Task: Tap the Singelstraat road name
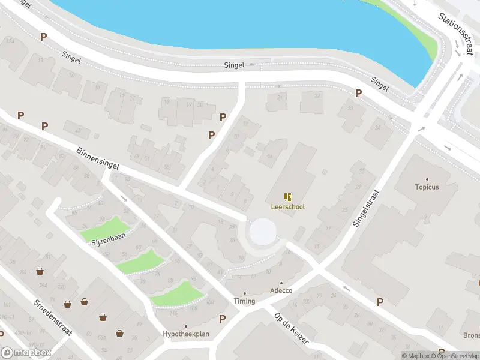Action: (367, 207)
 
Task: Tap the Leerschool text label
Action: (288, 207)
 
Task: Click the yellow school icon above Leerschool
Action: (288, 196)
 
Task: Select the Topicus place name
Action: (427, 187)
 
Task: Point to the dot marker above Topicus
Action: (427, 179)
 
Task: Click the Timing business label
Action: (245, 301)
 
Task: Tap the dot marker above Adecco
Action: (281, 283)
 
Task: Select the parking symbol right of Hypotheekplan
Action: (223, 319)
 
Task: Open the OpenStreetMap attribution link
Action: (452, 356)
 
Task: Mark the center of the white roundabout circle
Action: (263, 232)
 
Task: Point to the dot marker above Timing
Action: (245, 293)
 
